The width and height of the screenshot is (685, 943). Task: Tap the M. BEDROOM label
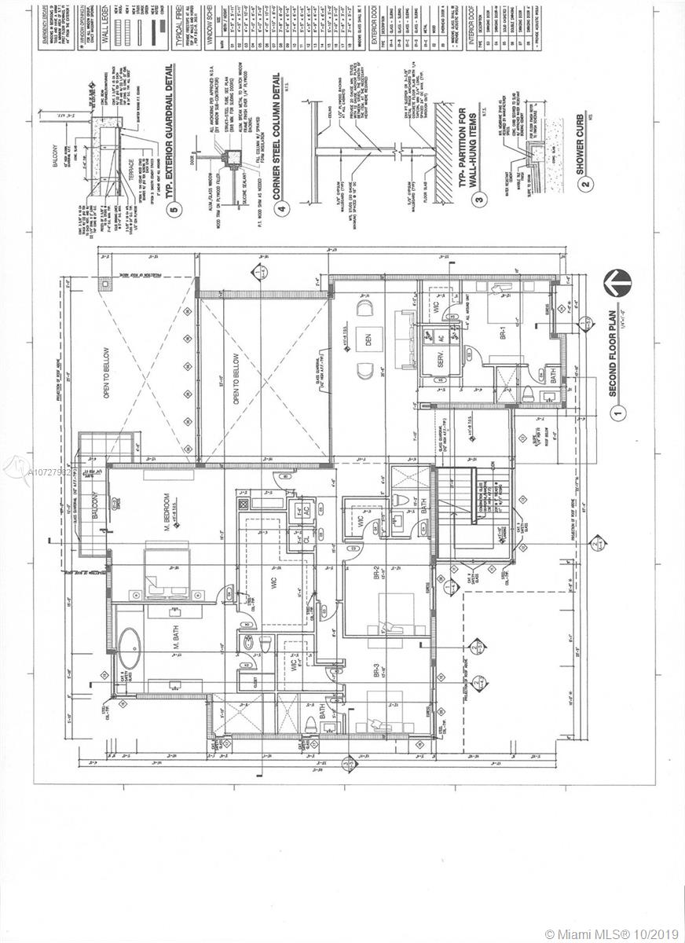pos(167,511)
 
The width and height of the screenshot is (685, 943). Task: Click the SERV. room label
pos(429,364)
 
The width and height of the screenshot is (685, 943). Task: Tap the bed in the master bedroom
pos(167,567)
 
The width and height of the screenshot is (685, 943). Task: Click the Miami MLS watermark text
pos(610,934)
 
